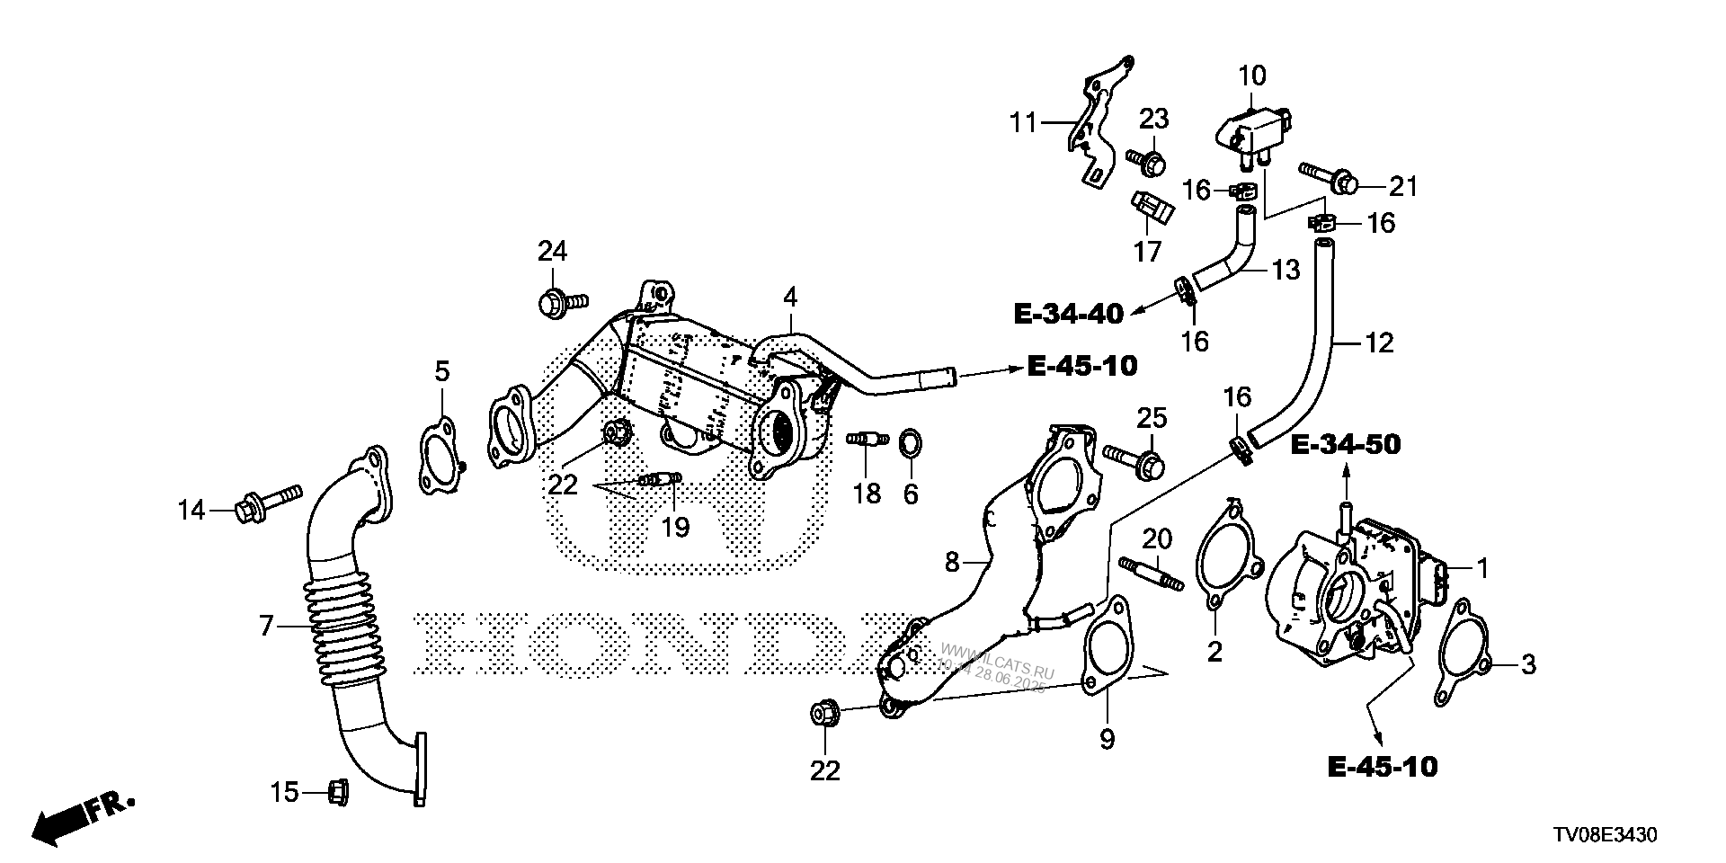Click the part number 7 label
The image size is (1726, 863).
tap(266, 626)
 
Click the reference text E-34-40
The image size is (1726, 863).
tap(1068, 314)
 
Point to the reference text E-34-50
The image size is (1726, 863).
tap(1346, 444)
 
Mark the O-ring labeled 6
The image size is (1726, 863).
tap(910, 442)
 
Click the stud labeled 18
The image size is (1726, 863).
tap(867, 439)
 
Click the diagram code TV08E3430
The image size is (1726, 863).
tap(1602, 835)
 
